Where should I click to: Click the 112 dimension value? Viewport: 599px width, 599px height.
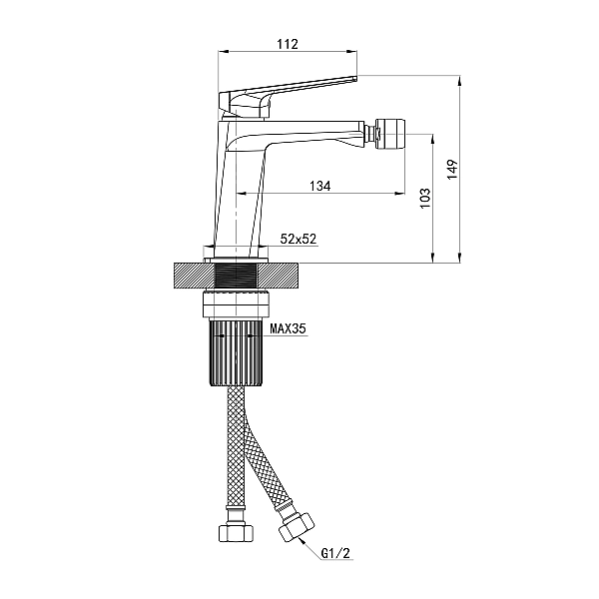click(x=288, y=44)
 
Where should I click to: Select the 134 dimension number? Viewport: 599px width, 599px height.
click(x=320, y=186)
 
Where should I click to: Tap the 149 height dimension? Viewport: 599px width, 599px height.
click(x=452, y=170)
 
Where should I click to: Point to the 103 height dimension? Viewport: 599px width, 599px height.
click(x=425, y=198)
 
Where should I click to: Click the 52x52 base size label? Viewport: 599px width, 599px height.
click(x=299, y=239)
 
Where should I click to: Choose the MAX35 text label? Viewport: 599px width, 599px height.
click(x=289, y=328)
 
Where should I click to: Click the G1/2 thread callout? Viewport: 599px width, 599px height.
click(x=335, y=553)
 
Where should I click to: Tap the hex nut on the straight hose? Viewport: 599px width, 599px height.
click(x=236, y=533)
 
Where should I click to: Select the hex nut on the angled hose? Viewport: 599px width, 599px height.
click(x=297, y=527)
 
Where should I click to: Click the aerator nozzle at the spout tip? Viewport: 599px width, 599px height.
click(x=390, y=135)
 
